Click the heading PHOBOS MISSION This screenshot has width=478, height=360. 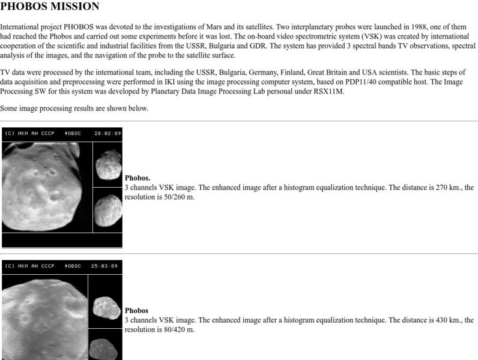tap(50, 7)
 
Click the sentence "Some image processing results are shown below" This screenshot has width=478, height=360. tap(74, 109)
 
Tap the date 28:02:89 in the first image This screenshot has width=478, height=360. tap(107, 133)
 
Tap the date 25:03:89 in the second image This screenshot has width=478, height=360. tap(103, 265)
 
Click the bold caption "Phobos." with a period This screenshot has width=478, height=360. tap(138, 178)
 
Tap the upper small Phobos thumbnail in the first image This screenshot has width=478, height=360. tap(108, 164)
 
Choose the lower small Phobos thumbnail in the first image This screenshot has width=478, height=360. tap(108, 209)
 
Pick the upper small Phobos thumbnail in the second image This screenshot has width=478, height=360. tap(105, 307)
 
